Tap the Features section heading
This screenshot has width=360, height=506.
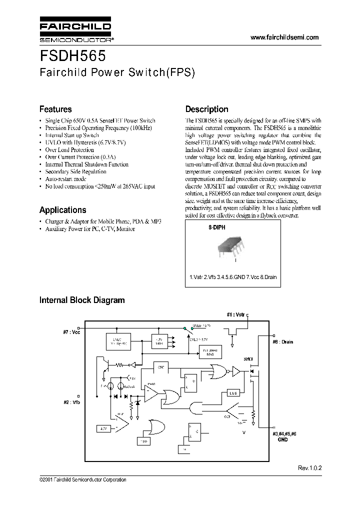point(55,109)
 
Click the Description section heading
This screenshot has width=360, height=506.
point(206,109)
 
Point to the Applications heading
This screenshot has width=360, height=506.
point(62,210)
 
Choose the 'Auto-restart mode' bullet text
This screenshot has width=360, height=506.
point(65,178)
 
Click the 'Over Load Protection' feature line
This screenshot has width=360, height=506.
point(69,149)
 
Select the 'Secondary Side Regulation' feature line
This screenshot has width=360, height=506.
point(75,171)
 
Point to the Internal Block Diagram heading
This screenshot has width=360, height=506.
point(82,300)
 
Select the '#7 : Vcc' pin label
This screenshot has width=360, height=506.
point(72,331)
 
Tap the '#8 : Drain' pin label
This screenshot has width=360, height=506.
point(283,342)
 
